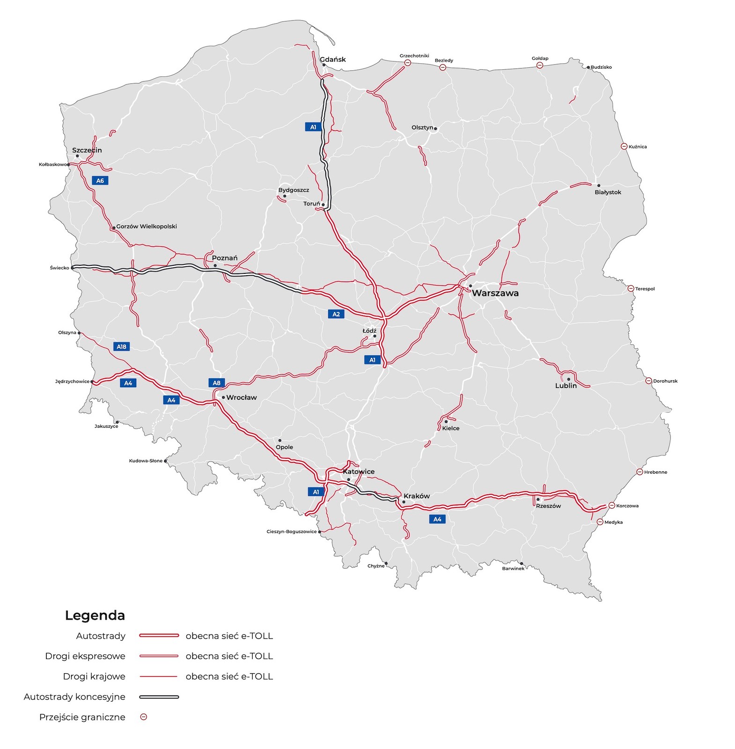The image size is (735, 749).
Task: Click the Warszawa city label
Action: point(495,294)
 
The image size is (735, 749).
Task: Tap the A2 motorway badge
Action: point(336,314)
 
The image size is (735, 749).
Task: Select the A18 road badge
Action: point(121,347)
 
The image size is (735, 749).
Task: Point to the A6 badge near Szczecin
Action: point(100,181)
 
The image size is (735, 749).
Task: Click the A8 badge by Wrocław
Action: point(216,383)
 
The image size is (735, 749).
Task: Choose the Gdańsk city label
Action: point(332,59)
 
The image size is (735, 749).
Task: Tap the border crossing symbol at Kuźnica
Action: point(624,147)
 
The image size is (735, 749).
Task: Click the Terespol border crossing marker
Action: point(631,289)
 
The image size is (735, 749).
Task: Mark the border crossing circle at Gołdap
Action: point(540,66)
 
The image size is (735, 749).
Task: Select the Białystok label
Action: point(608,192)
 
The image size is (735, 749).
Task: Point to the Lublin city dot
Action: point(568,379)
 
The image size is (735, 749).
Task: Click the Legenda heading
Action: point(95,616)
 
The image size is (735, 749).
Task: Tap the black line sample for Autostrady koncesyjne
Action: point(159,697)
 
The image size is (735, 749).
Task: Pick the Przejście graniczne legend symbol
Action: point(144,717)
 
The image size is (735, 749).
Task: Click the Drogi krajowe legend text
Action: point(94,676)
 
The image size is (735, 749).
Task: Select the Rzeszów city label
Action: point(548,506)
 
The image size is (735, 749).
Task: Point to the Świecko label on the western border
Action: point(59,268)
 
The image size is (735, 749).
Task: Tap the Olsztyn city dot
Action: point(435,128)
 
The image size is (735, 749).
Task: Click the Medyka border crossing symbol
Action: point(600,522)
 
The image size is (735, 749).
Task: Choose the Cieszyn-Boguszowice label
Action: point(291,532)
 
